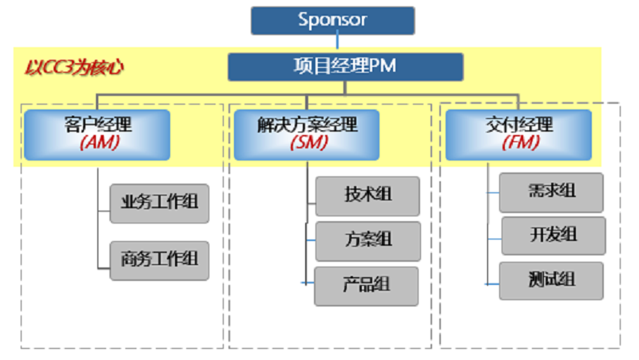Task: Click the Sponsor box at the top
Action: (332, 21)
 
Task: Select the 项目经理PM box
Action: (345, 67)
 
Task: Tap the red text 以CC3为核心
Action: (72, 67)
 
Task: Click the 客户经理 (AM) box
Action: (97, 134)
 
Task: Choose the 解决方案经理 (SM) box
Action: (307, 134)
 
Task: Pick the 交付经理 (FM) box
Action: (518, 134)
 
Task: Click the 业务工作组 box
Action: (159, 203)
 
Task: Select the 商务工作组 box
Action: (159, 260)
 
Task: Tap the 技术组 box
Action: (367, 196)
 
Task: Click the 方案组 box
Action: (367, 240)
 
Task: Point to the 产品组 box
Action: (367, 286)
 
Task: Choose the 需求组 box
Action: (551, 192)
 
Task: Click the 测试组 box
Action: (551, 281)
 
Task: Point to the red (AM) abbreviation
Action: (97, 144)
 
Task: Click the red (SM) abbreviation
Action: (307, 144)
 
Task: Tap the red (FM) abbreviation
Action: (518, 144)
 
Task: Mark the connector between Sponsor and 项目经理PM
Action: (338, 44)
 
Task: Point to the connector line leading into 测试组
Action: (492, 283)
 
